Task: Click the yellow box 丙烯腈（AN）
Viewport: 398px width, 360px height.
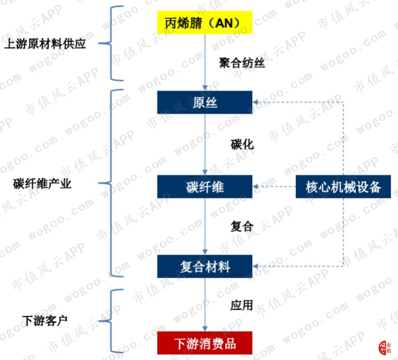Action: point(205,22)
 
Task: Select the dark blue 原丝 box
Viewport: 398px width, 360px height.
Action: point(205,102)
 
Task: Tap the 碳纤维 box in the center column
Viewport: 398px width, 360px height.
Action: point(205,187)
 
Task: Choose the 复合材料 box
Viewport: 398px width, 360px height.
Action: point(205,266)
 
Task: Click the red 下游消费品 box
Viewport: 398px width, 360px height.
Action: point(205,343)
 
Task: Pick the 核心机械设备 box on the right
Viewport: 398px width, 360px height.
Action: point(343,187)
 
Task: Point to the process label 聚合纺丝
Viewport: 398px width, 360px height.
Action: point(242,63)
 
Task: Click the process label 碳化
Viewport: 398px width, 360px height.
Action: point(242,144)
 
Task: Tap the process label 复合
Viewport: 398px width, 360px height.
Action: point(242,226)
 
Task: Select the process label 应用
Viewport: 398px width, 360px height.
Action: point(242,305)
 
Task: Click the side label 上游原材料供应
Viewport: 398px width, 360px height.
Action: point(45,43)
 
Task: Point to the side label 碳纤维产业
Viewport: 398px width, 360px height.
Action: point(42,183)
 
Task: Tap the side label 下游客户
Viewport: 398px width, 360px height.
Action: point(45,320)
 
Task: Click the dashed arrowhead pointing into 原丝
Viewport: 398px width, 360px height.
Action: point(255,102)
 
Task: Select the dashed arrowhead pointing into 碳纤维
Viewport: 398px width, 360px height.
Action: point(255,187)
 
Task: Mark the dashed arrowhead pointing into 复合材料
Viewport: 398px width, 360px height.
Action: point(255,266)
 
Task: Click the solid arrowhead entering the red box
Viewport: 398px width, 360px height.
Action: point(205,329)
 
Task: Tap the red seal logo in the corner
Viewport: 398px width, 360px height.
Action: point(385,348)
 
